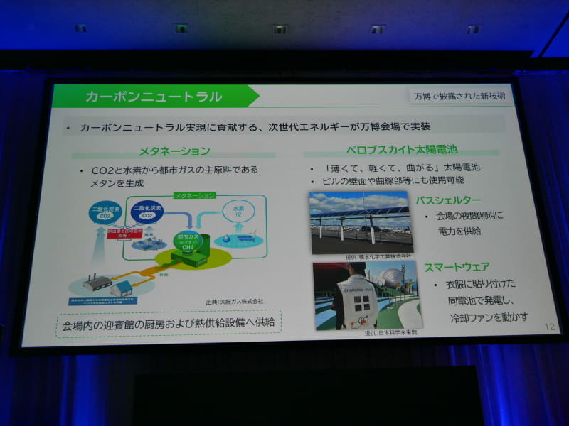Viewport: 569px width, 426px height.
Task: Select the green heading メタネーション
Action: [174, 151]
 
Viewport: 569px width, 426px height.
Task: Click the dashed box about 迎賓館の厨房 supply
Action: [169, 323]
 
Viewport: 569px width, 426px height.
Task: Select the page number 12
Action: [548, 327]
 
